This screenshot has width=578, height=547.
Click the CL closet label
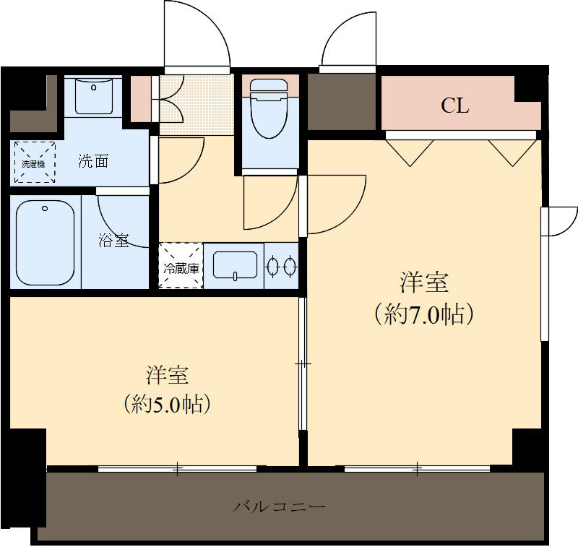(x=455, y=106)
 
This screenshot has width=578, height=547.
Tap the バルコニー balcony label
(x=279, y=506)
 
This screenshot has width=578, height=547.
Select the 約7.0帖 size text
(x=424, y=315)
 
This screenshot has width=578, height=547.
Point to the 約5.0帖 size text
(x=168, y=403)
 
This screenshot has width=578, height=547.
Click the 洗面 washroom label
(x=93, y=161)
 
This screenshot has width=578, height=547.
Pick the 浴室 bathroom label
(x=113, y=241)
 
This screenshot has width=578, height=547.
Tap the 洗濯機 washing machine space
(x=33, y=163)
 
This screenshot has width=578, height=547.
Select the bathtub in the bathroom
(x=46, y=242)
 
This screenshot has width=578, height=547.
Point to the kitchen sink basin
(x=235, y=265)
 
